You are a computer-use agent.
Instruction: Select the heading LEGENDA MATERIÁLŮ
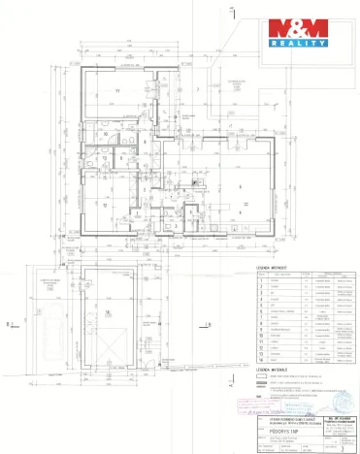(274, 369)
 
